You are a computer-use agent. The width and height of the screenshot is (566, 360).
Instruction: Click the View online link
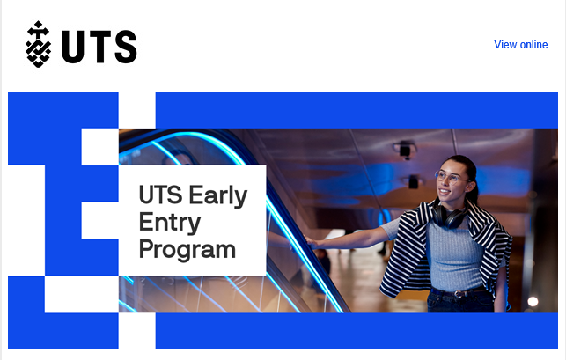(520, 44)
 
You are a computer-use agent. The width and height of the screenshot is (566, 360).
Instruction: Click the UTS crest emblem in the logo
(38, 44)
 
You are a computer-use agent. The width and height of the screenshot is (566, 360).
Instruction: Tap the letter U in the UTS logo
(72, 47)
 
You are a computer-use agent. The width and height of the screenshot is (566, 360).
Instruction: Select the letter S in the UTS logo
(126, 47)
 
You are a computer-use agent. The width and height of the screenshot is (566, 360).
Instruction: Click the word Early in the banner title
(218, 196)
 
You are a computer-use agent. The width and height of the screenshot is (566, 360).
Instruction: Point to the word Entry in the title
(170, 223)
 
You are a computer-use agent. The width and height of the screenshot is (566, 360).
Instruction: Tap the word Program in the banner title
(187, 250)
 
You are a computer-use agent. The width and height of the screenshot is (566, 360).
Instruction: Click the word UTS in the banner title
(160, 195)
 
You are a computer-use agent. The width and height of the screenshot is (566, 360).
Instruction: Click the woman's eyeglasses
(451, 177)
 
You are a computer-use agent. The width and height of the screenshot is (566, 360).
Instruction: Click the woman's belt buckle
(459, 294)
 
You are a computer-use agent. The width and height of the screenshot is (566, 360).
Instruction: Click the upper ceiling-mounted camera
(405, 151)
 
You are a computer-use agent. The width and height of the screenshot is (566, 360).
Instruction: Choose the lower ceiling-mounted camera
(413, 181)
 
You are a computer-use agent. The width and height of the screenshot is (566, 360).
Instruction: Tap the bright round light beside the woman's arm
(533, 301)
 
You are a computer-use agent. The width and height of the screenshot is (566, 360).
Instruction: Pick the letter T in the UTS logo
(99, 47)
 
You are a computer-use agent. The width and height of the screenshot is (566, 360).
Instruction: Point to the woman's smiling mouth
(445, 191)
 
